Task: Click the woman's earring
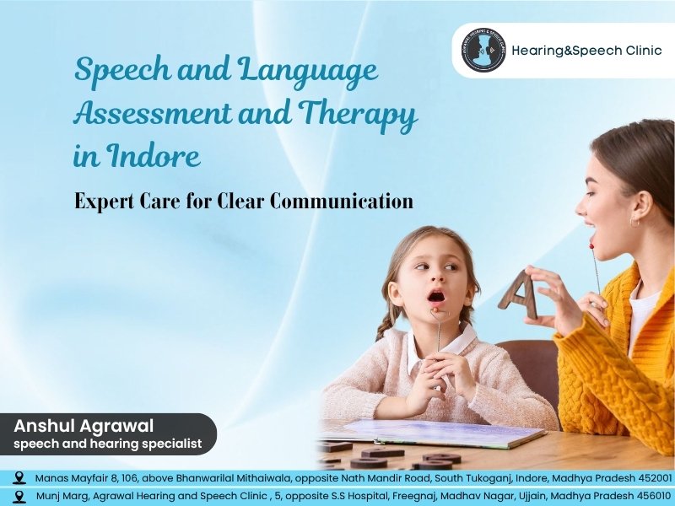point(634,223)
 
